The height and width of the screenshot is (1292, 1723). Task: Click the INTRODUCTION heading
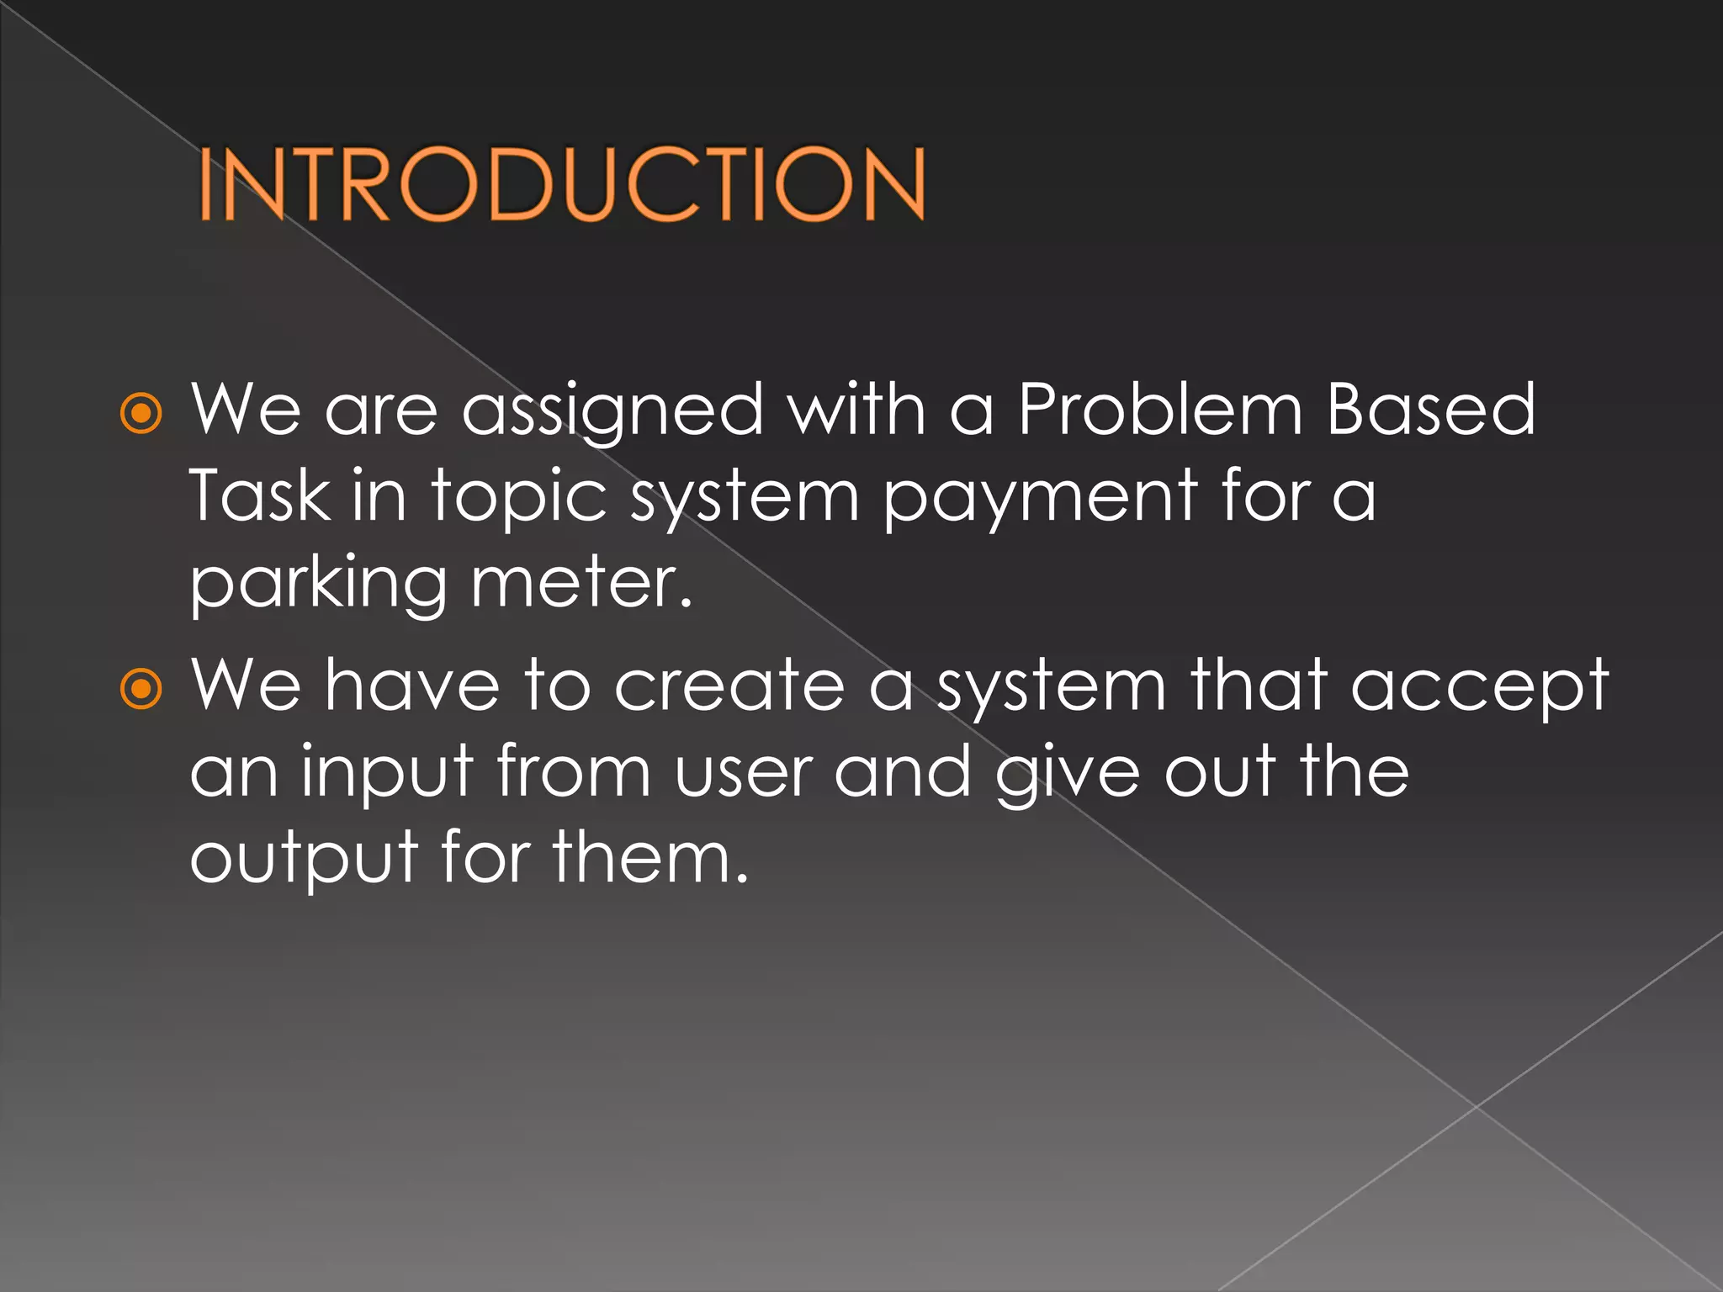pyautogui.click(x=562, y=184)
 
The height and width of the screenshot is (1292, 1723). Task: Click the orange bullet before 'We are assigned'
pyautogui.click(x=140, y=413)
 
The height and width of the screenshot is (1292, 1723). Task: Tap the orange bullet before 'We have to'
pyautogui.click(x=140, y=689)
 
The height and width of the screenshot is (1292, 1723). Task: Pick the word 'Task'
pyautogui.click(x=260, y=496)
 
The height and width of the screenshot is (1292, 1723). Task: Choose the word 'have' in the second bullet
pyautogui.click(x=412, y=686)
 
